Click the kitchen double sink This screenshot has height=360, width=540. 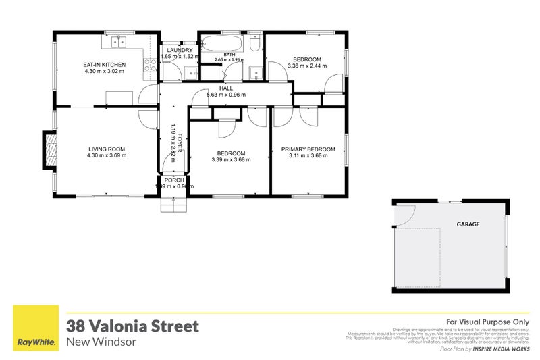click(x=119, y=43)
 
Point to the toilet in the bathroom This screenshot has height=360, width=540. click(x=255, y=43)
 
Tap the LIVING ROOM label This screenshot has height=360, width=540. click(x=107, y=149)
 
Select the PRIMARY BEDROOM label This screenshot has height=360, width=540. click(x=308, y=149)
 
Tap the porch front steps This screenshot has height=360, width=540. click(x=173, y=203)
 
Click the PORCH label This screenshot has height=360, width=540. click(x=173, y=180)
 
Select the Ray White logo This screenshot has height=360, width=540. click(x=36, y=328)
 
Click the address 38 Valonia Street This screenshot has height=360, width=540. click(x=132, y=326)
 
